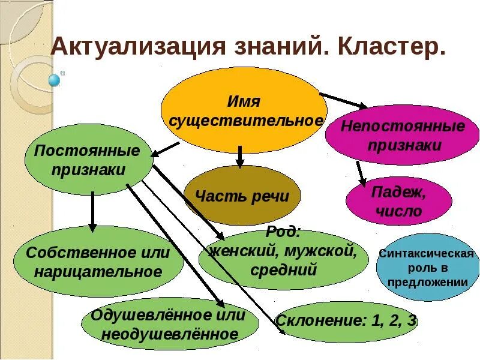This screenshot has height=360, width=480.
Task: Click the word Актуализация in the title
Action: coord(128,47)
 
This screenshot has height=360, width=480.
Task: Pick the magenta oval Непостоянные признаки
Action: coord(403,135)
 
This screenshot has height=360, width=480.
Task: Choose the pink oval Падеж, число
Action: coord(398,201)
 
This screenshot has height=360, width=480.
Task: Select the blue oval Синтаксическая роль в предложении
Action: coord(427,268)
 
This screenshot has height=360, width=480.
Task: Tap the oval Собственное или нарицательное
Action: coord(98,262)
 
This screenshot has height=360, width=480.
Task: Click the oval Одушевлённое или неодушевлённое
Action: coord(170,325)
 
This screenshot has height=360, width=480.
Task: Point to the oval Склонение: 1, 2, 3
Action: coord(346,320)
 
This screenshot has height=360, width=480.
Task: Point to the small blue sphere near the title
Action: coord(55,79)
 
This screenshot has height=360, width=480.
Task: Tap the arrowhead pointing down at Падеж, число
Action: coord(362,181)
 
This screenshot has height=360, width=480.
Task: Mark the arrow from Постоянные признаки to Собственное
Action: coord(92,210)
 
